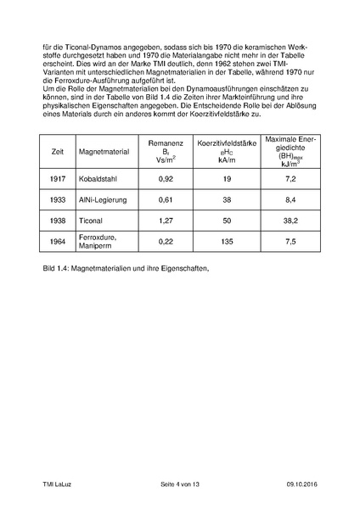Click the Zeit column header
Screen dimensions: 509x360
pos(59,151)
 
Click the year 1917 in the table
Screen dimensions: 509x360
pos(59,181)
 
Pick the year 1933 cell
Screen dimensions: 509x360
pos(59,200)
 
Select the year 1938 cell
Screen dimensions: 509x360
pos(59,220)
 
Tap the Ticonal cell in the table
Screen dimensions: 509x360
pos(92,220)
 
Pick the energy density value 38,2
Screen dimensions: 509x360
pos(289,220)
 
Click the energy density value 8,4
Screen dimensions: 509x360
pos(289,200)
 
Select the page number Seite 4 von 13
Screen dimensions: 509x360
pos(179,484)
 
